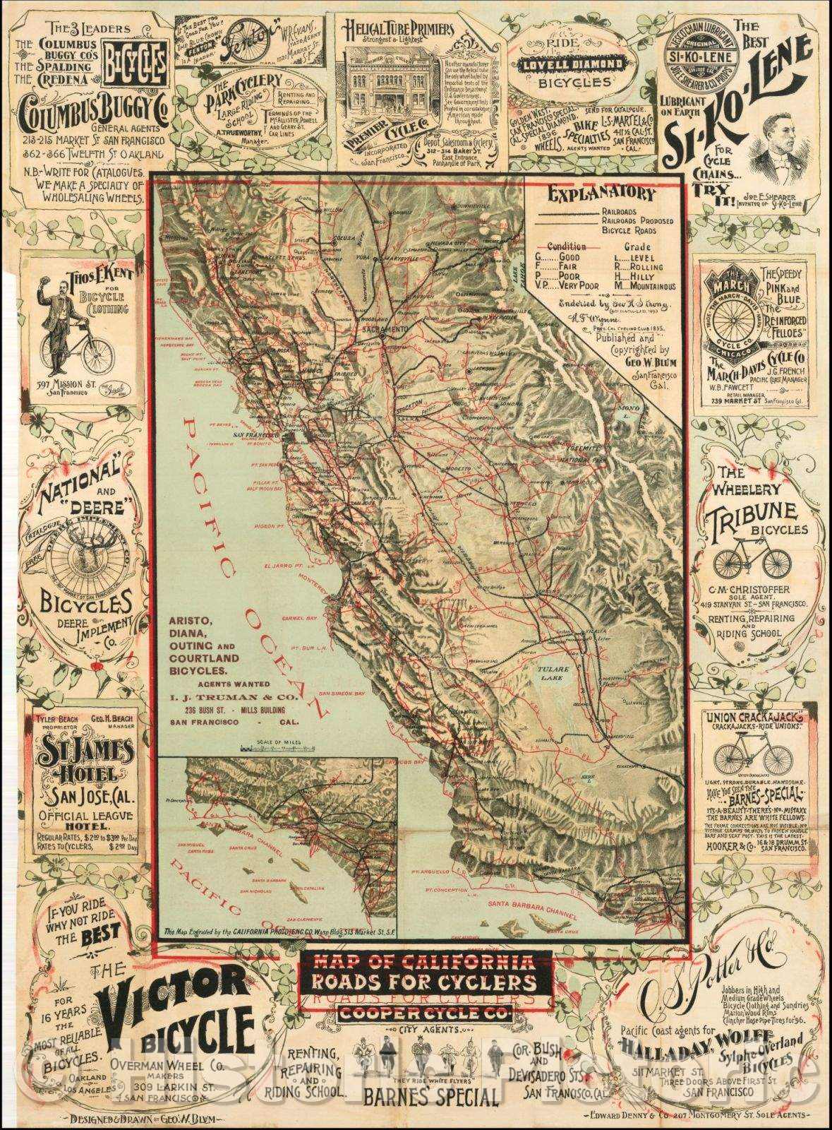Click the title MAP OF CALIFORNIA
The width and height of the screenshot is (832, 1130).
pyautogui.click(x=426, y=961)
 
